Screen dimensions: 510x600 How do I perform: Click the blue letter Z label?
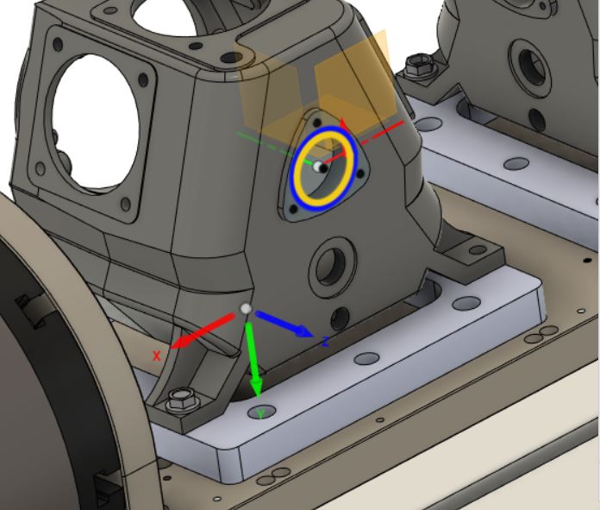coord(325,343)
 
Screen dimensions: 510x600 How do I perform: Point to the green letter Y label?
coord(261,413)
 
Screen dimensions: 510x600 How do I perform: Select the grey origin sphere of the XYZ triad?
coord(246,309)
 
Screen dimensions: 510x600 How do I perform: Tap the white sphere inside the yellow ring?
coord(317,166)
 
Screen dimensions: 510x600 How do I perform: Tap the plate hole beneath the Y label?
coord(262,412)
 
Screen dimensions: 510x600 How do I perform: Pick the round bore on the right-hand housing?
coord(525,62)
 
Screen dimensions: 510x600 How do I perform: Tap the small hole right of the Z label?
coord(366,357)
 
